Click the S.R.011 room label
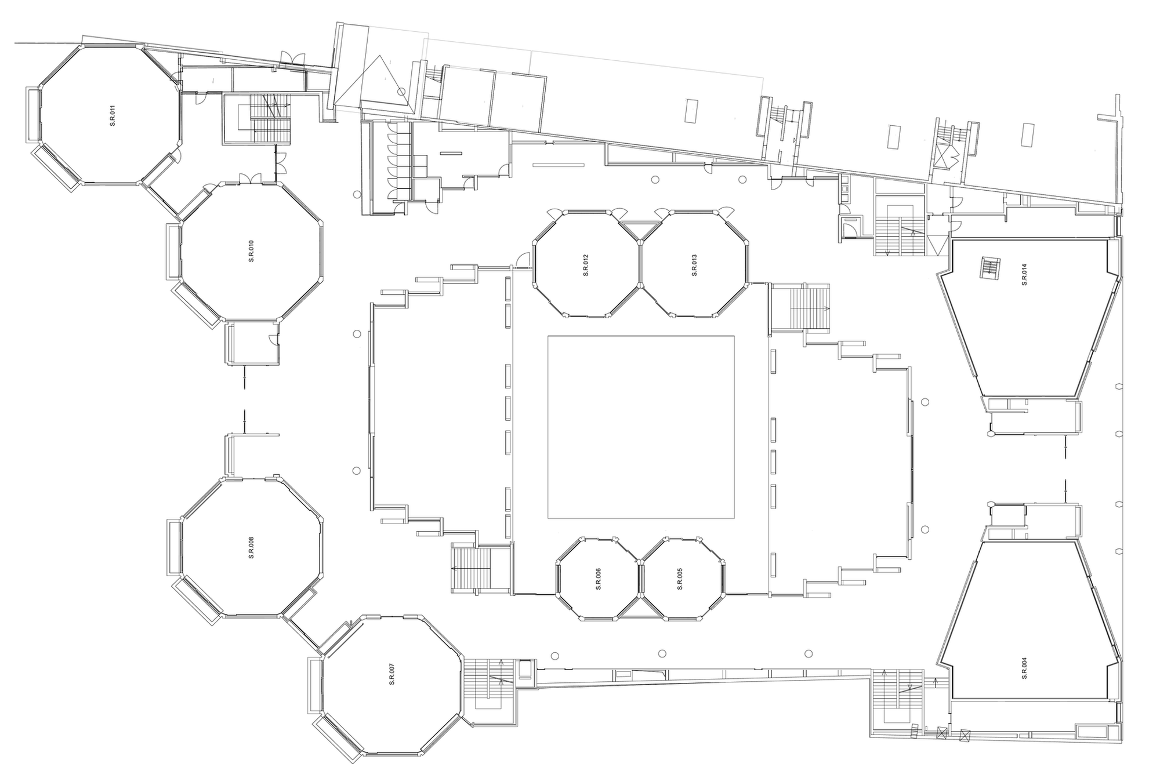113,115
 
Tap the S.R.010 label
251,251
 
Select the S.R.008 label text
251,548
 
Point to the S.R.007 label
392,674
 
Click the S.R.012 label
586,265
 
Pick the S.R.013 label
694,265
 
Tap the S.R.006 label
598,579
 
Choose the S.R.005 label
680,579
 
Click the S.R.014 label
1024,274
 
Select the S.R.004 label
1024,668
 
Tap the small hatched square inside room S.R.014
990,268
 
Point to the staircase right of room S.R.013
800,308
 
